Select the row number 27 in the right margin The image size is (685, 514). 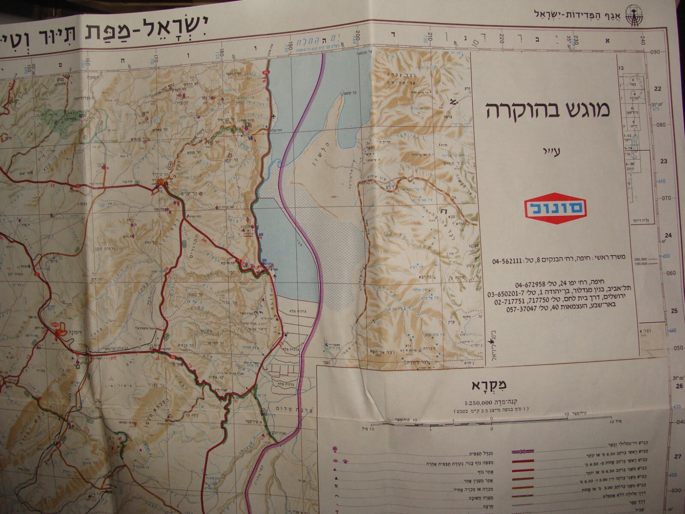pyautogui.click(x=677, y=457)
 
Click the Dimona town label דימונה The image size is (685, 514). pyautogui.click(x=66, y=337)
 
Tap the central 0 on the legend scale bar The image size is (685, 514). pyautogui.click(x=492, y=428)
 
